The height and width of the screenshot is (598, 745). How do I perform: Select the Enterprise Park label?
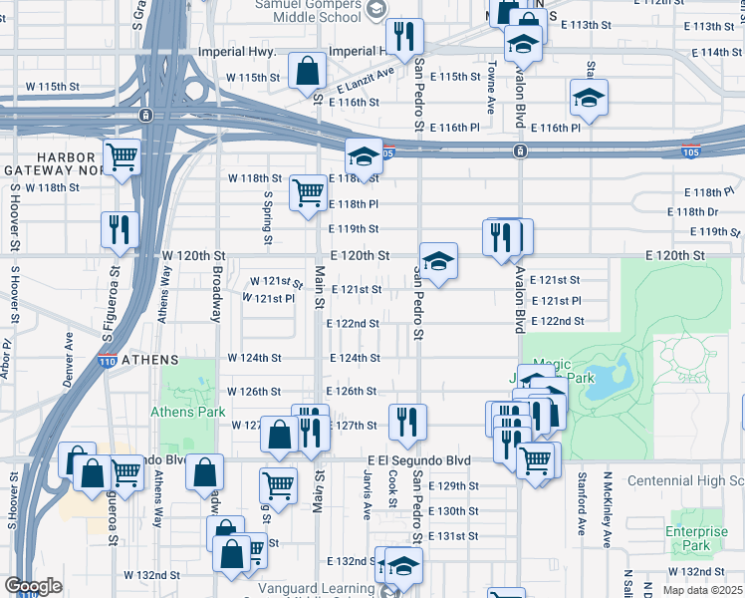pyautogui.click(x=697, y=539)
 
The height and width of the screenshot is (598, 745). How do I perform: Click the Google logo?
pyautogui.click(x=32, y=586)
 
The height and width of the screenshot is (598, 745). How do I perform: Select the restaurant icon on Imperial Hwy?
pyautogui.click(x=404, y=38)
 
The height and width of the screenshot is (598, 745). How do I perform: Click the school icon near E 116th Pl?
pyautogui.click(x=589, y=98)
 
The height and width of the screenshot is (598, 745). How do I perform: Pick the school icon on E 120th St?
pyautogui.click(x=438, y=261)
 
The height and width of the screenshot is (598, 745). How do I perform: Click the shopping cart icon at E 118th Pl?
pyautogui.click(x=308, y=193)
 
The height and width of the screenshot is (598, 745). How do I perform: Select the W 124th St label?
pyautogui.click(x=255, y=358)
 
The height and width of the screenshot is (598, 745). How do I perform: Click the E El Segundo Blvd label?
pyautogui.click(x=418, y=460)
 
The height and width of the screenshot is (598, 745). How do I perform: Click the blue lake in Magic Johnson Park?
pyautogui.click(x=609, y=380)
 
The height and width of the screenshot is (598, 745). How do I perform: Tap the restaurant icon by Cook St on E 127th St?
pyautogui.click(x=406, y=422)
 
